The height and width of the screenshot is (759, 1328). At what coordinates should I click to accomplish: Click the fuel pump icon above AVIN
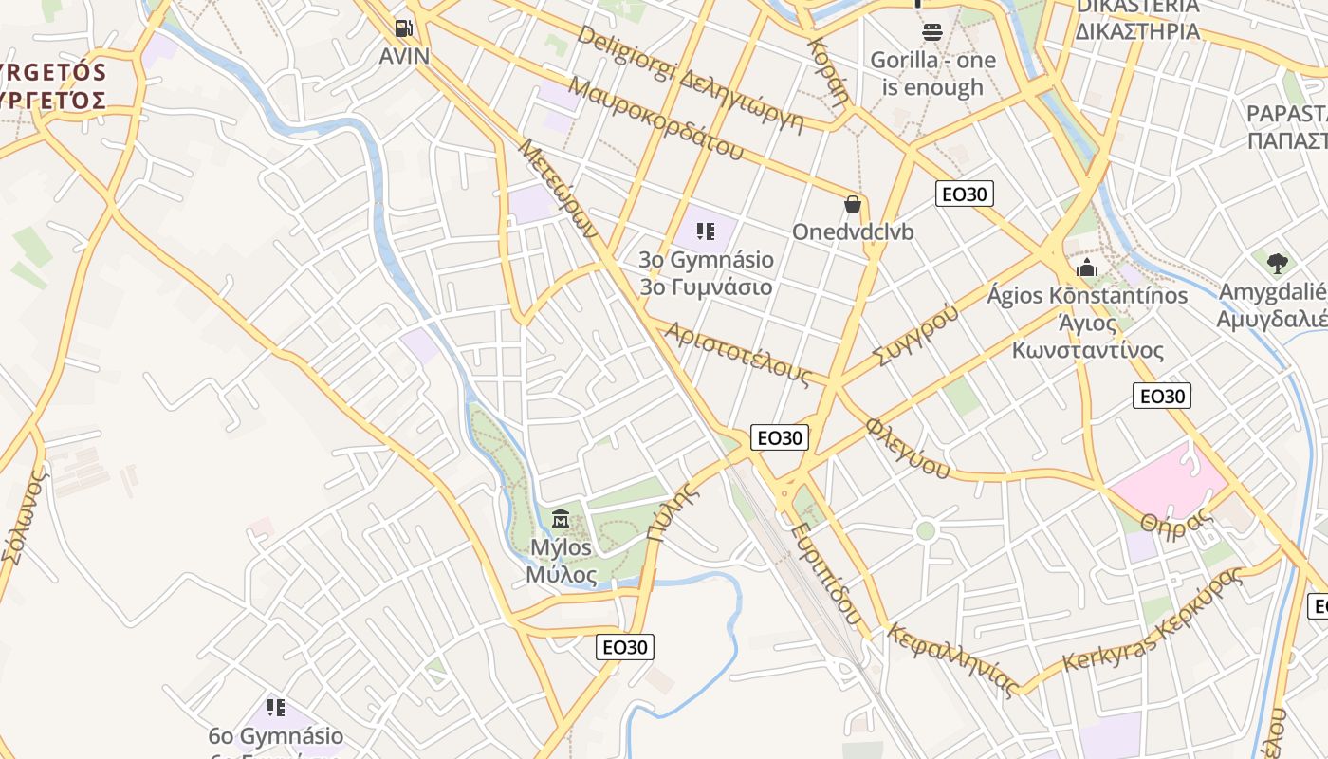click(x=404, y=29)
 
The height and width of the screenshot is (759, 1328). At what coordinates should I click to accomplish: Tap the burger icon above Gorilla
click(x=931, y=32)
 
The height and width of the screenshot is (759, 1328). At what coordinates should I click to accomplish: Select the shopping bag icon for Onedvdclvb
click(x=853, y=204)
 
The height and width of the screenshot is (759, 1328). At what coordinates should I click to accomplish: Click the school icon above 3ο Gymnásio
click(x=705, y=231)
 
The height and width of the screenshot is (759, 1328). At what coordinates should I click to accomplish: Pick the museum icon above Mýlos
click(x=561, y=519)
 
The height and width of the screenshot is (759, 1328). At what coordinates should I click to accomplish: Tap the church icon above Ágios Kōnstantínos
click(x=1087, y=268)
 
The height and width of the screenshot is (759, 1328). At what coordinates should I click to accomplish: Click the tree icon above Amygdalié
click(x=1277, y=263)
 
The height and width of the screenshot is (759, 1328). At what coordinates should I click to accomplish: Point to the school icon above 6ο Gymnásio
click(x=276, y=707)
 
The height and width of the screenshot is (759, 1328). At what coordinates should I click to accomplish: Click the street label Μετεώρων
click(x=557, y=190)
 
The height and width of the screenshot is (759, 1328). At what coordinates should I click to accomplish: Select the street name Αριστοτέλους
click(x=738, y=354)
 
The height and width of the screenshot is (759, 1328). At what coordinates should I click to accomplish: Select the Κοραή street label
click(x=827, y=71)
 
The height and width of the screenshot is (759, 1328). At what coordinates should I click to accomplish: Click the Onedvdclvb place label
click(x=853, y=232)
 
